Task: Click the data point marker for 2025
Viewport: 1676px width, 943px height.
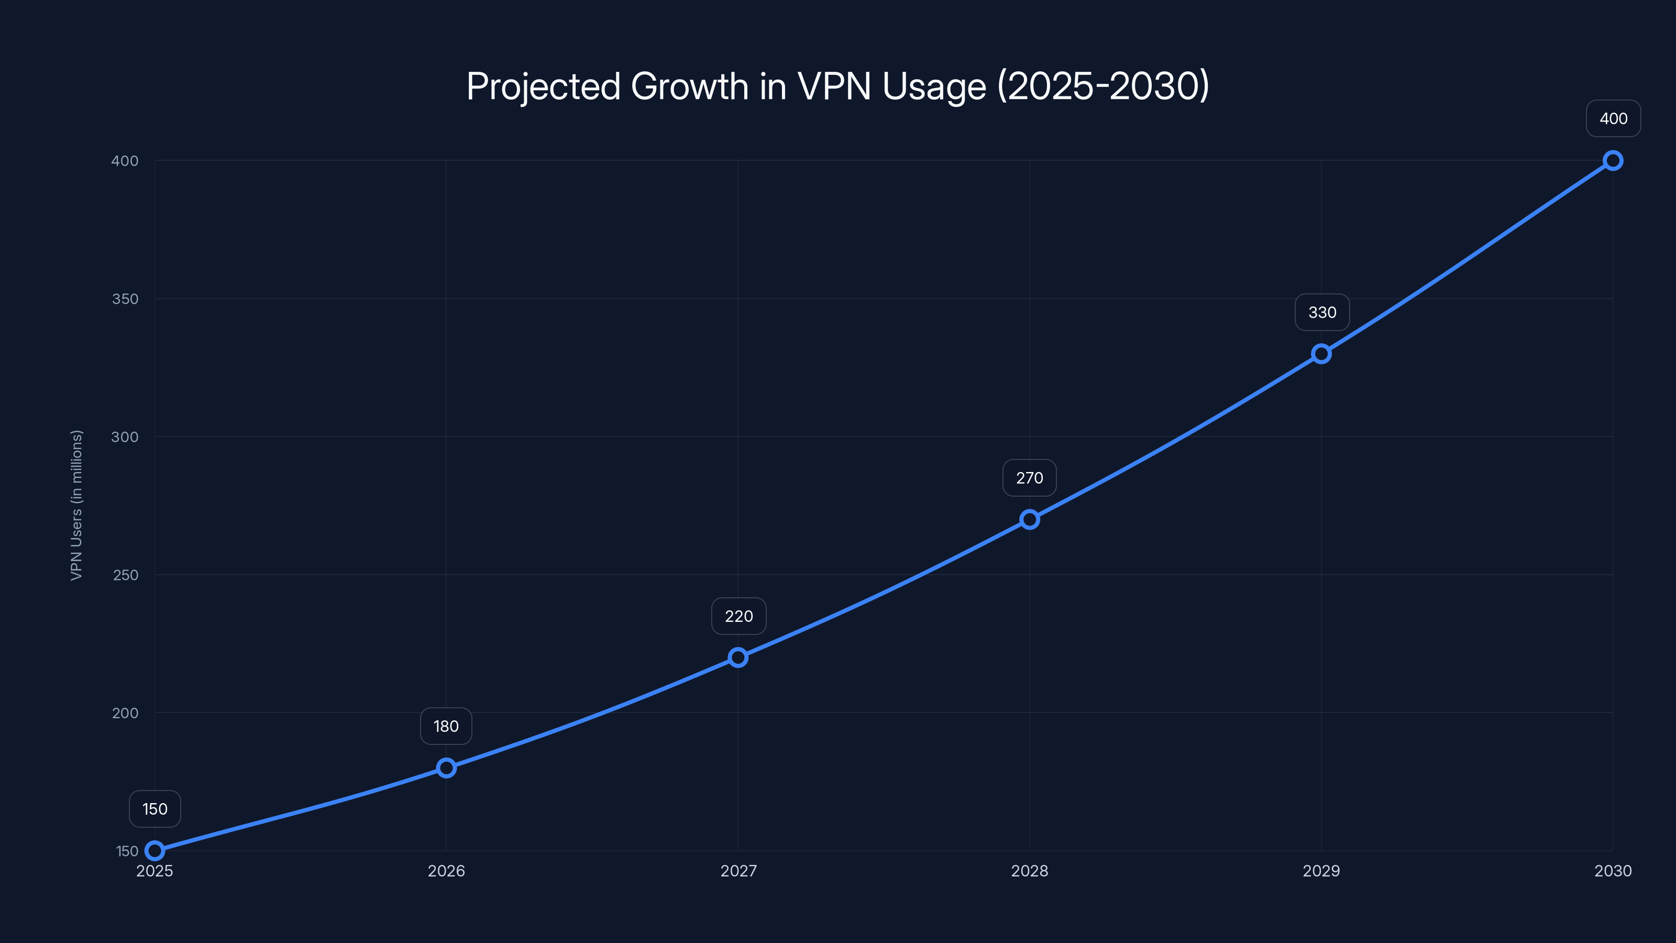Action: click(155, 851)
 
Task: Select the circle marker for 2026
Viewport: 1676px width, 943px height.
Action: click(446, 768)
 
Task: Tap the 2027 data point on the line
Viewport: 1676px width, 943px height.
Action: click(738, 657)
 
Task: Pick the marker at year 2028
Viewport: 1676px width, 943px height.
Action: click(1029, 519)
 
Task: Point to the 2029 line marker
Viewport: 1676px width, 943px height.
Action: click(1321, 354)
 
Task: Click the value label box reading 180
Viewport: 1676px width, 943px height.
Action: click(446, 726)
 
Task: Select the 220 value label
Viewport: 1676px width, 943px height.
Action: click(738, 616)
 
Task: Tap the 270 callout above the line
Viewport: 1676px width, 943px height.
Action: click(1029, 478)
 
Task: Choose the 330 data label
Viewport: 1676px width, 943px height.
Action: click(1322, 312)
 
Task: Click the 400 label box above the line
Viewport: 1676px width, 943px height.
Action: click(1614, 118)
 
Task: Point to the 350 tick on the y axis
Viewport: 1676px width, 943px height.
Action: click(125, 299)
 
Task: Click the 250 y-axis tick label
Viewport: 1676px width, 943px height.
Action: click(125, 575)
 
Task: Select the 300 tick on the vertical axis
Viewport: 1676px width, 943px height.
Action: click(125, 437)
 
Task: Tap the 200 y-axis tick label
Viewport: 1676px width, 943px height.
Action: click(125, 712)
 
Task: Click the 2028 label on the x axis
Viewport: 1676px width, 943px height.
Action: click(1029, 871)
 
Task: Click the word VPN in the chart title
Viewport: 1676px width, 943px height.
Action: click(834, 86)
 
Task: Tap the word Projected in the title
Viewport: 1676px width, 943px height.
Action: click(543, 86)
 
